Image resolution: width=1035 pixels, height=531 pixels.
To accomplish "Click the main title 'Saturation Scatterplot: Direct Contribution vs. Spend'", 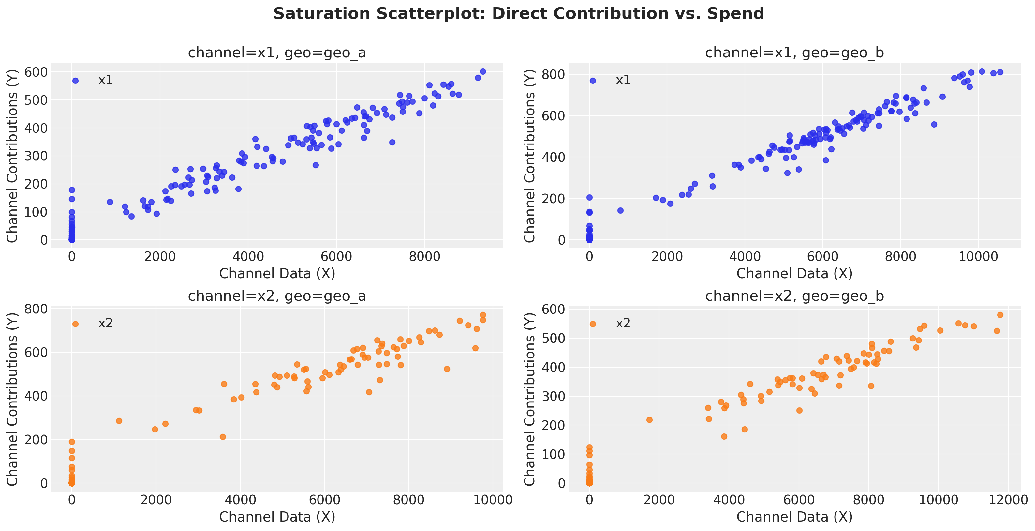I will (518, 14).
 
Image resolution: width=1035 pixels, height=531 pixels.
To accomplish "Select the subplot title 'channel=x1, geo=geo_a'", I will (277, 53).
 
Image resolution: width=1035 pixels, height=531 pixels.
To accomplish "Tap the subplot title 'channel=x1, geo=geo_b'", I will (794, 53).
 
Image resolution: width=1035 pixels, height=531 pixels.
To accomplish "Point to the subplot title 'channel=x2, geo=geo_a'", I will (277, 296).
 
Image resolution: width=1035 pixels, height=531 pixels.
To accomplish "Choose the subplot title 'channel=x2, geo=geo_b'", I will (794, 296).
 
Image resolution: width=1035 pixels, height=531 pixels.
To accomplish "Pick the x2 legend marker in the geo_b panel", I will (593, 324).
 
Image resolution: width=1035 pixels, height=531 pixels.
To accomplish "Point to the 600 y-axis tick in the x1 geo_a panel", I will (36, 72).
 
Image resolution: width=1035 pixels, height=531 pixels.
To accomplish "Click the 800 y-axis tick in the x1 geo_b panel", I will (553, 75).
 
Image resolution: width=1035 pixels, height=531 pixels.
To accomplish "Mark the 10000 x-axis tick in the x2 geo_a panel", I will (493, 500).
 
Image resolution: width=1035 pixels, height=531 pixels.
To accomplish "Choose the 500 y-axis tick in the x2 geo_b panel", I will (553, 338).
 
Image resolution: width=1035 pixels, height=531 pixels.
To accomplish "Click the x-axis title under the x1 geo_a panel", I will (277, 274).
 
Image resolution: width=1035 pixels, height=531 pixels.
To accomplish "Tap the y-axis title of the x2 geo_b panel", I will (529, 399).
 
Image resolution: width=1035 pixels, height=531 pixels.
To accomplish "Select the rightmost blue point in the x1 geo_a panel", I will (483, 71).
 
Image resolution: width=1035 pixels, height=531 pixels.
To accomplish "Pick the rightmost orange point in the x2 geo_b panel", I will (1000, 315).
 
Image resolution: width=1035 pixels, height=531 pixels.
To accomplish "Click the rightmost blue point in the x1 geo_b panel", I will (1000, 72).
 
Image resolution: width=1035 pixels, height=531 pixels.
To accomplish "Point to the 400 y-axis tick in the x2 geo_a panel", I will (36, 396).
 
